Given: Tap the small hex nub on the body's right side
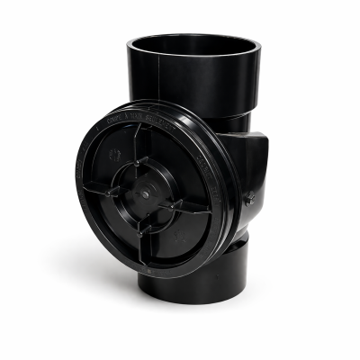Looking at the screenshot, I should (249, 198).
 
